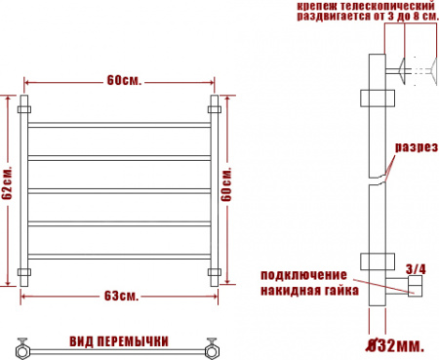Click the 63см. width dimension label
point(121,296)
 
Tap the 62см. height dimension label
point(7,183)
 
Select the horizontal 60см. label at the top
point(124,80)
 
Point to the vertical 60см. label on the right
point(226,184)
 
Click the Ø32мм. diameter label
point(395,345)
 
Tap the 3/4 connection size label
point(416,269)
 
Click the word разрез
point(417,147)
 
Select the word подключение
point(303,275)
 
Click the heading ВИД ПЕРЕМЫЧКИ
point(119,341)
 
